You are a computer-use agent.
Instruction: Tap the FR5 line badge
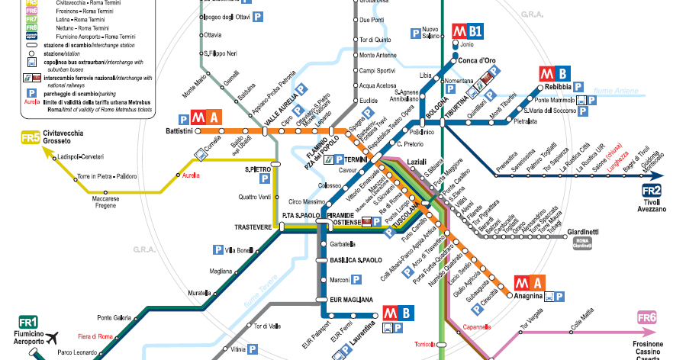click(x=29, y=139)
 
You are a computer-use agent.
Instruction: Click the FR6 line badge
click(x=646, y=317)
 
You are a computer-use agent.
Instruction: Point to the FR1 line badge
click(x=29, y=322)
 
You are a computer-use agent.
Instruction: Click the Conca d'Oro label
click(x=478, y=61)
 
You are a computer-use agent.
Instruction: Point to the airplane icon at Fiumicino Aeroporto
click(x=52, y=338)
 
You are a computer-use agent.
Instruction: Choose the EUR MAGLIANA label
click(x=351, y=300)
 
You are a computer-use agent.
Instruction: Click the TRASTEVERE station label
click(x=253, y=227)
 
